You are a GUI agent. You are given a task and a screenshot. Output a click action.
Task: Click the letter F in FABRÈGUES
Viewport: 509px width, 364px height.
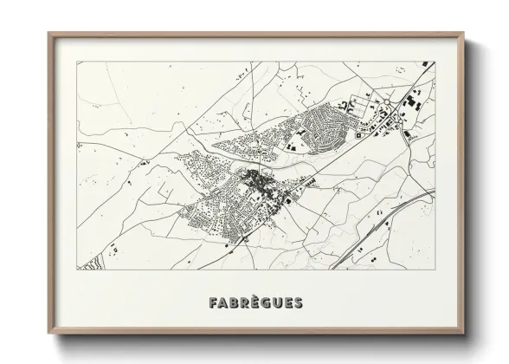(x=213, y=303)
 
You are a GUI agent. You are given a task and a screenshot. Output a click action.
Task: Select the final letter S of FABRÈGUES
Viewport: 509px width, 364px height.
(x=298, y=303)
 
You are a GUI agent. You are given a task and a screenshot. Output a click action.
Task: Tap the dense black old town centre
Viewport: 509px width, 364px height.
(x=257, y=181)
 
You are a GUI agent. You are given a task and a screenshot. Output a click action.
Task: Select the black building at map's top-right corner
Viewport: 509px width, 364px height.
(x=424, y=64)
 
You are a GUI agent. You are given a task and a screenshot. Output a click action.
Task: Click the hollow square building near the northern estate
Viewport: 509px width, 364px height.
(x=303, y=135)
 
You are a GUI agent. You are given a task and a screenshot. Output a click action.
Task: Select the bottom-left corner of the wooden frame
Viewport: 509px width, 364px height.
(x=50, y=335)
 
